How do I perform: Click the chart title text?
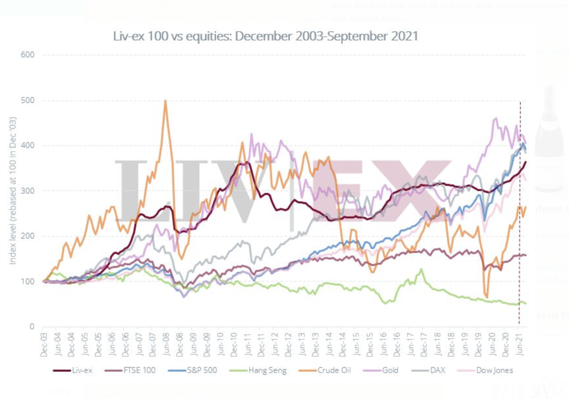(x=265, y=36)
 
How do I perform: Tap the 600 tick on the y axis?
(x=28, y=55)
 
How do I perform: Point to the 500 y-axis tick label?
(x=28, y=100)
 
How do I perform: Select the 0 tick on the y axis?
(x=32, y=326)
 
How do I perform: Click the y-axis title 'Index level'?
(x=13, y=190)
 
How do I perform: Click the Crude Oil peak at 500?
(x=165, y=101)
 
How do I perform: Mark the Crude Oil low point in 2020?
(x=486, y=297)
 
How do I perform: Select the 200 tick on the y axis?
(x=28, y=236)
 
